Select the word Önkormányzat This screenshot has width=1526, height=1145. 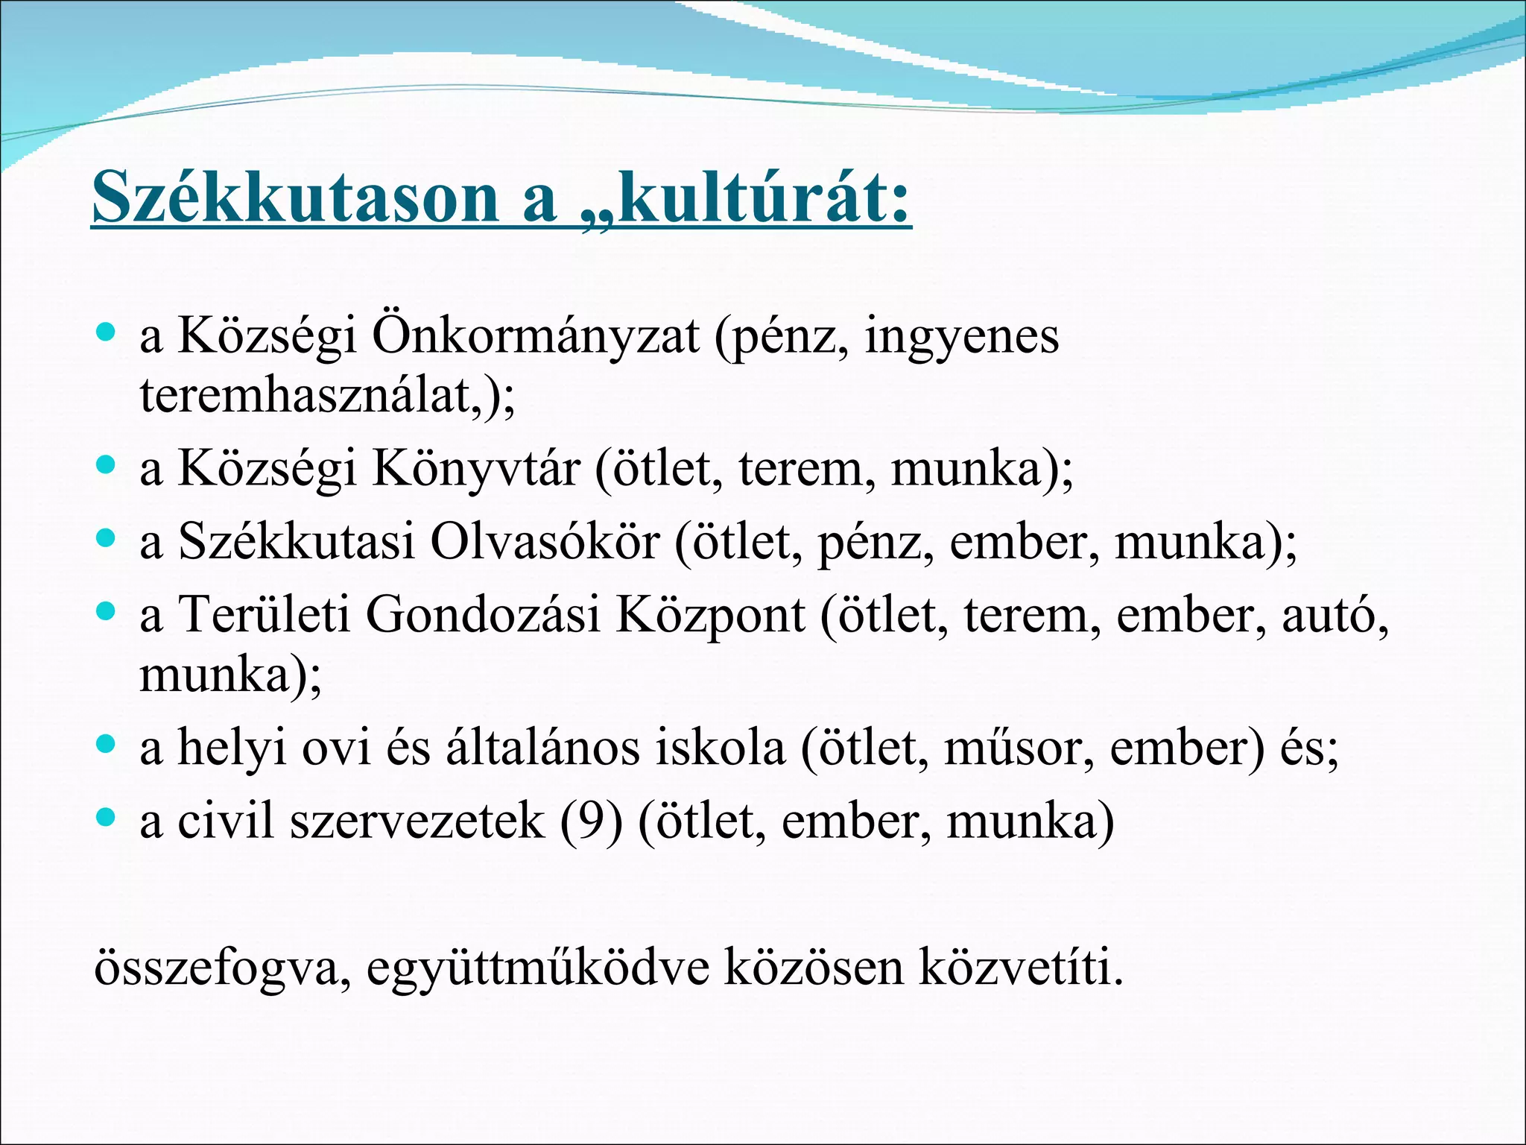[x=535, y=337]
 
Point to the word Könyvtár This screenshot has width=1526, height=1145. [x=475, y=470]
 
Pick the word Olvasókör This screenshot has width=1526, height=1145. [x=545, y=542]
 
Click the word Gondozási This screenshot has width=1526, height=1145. [x=482, y=616]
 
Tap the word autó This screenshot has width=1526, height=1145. [x=1333, y=616]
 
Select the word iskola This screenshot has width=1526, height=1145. [x=720, y=748]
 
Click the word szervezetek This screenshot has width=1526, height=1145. [x=417, y=821]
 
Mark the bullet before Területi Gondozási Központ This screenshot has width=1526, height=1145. [x=107, y=612]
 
